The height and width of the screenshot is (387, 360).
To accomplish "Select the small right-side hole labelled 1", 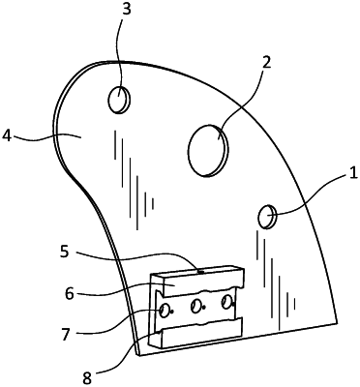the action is pyautogui.click(x=267, y=216).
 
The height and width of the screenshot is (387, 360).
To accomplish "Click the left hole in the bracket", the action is pyautogui.click(x=165, y=310).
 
